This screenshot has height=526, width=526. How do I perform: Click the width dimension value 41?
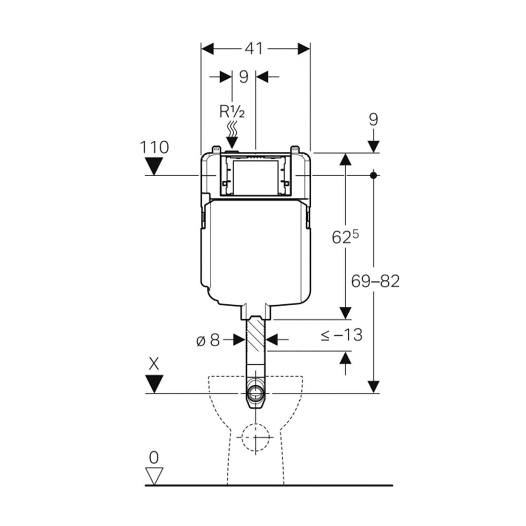pyautogui.click(x=254, y=49)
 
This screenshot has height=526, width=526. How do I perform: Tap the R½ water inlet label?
pyautogui.click(x=232, y=111)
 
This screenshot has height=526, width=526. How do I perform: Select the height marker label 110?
pyautogui.click(x=154, y=147)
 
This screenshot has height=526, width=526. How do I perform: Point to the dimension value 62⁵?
pyautogui.click(x=345, y=237)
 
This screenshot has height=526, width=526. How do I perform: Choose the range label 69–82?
pyautogui.click(x=375, y=281)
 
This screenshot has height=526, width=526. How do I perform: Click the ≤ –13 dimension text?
pyautogui.click(x=342, y=335)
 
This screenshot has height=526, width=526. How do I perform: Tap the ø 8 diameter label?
pyautogui.click(x=208, y=341)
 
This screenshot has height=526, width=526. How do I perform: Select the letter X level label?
pyautogui.click(x=154, y=364)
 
